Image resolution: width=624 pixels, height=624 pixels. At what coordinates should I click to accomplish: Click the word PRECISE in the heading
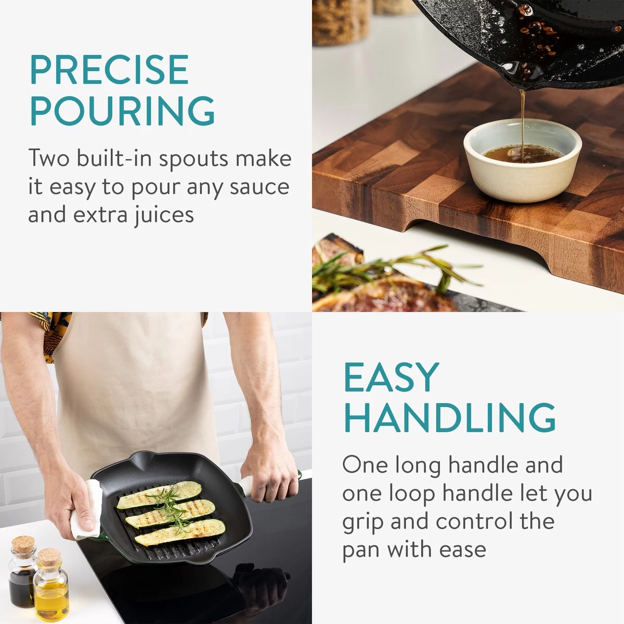point(109,70)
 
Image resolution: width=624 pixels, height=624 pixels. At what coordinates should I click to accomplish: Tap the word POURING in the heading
point(122,110)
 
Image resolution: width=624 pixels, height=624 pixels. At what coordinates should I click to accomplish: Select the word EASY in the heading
point(392,377)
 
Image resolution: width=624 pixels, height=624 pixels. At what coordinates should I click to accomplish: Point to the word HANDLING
point(450,418)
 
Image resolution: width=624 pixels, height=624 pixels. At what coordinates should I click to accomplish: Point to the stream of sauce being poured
point(522,125)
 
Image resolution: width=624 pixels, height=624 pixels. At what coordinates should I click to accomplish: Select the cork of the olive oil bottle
point(49,556)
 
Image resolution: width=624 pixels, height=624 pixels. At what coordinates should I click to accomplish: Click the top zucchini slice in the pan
point(159,495)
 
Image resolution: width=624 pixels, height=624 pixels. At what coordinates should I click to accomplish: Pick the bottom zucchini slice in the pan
point(180,532)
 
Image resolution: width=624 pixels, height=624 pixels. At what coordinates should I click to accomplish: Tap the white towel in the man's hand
point(86,511)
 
